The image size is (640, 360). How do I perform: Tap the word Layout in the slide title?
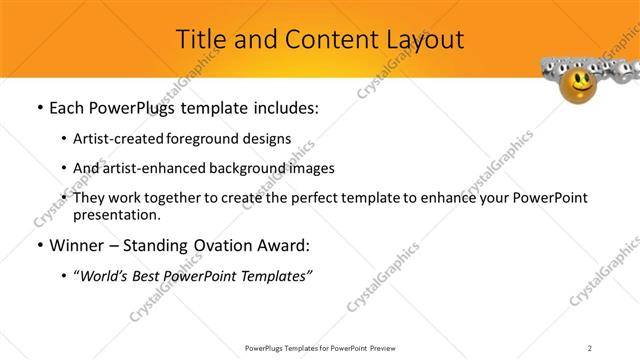pyautogui.click(x=419, y=39)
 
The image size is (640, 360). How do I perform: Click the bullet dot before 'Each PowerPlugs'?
pyautogui.click(x=38, y=108)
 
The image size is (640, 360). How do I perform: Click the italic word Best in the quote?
pyautogui.click(x=152, y=275)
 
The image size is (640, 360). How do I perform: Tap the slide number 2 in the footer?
pyautogui.click(x=590, y=347)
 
